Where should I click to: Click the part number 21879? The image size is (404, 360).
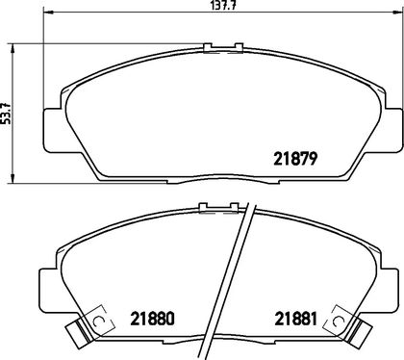click(x=295, y=159)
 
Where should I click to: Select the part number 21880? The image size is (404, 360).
click(x=152, y=319)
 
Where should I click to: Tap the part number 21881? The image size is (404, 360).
click(x=295, y=319)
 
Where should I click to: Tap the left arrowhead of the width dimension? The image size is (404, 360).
click(x=47, y=13)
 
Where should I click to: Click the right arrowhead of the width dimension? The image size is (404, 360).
click(x=398, y=13)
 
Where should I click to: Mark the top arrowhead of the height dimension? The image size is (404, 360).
click(x=13, y=48)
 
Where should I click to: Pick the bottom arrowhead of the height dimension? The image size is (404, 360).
click(x=13, y=179)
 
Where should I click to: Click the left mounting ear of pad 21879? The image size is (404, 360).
click(x=51, y=130)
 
